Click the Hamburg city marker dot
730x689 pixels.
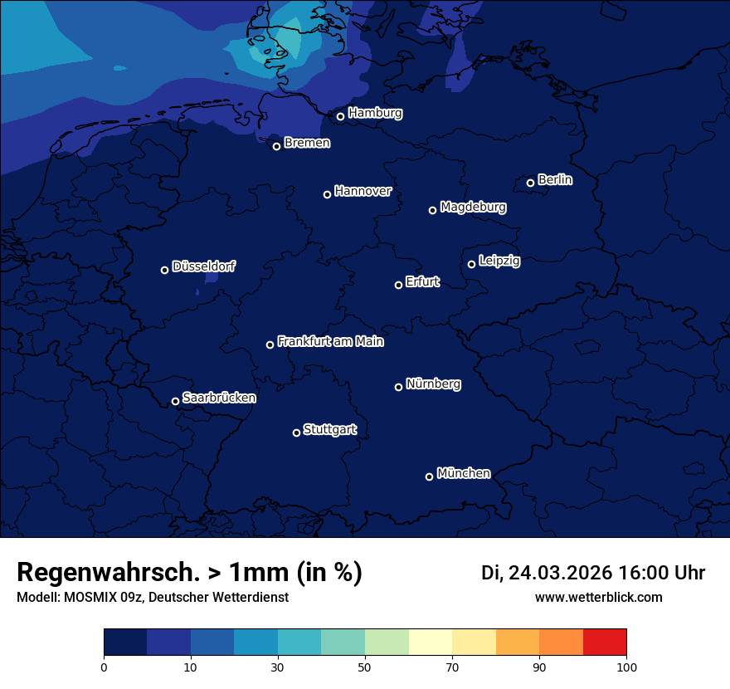tap(340, 116)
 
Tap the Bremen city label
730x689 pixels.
tap(307, 143)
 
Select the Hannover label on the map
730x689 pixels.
tap(363, 191)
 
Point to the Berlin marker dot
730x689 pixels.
tap(530, 183)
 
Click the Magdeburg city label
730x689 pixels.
tap(473, 207)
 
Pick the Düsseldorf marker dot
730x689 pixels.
tap(164, 270)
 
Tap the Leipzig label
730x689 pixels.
tap(499, 261)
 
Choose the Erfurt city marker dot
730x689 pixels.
tap(398, 285)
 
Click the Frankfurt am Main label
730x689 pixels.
tap(330, 341)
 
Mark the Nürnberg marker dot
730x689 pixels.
tap(398, 387)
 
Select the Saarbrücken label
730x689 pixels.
tap(219, 398)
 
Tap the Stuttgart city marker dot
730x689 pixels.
tap(296, 432)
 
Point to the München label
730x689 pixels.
tap(463, 473)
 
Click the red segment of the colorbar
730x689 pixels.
tap(605, 642)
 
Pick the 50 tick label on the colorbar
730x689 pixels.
tap(365, 667)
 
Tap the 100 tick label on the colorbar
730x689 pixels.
tap(626, 667)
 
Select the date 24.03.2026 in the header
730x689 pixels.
tap(560, 573)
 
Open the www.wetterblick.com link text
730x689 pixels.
tap(598, 597)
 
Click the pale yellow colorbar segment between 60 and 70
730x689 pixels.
tap(431, 642)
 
